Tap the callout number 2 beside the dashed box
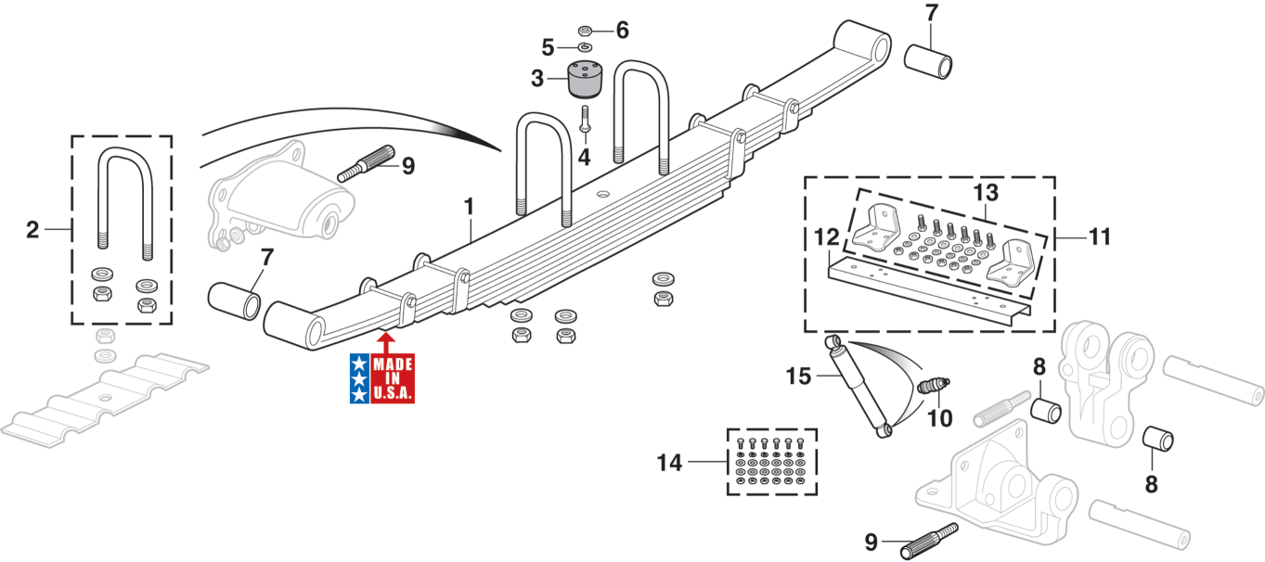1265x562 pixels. (x=32, y=229)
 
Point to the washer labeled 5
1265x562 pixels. (x=585, y=46)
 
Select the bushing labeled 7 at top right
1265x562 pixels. (x=929, y=58)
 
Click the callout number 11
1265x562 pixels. (x=1099, y=236)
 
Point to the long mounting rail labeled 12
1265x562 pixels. (x=928, y=289)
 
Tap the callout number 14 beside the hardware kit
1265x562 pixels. (x=670, y=461)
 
